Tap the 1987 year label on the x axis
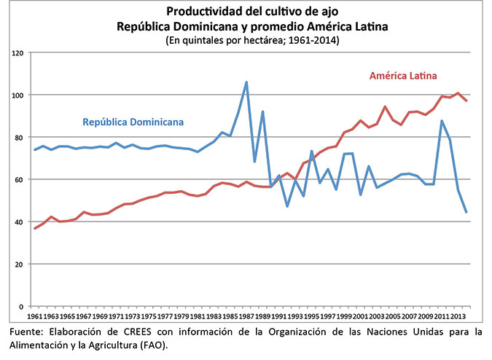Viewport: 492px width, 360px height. pos(246,318)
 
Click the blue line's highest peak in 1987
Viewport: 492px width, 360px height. pos(246,82)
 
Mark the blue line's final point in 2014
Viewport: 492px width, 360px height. pos(466,212)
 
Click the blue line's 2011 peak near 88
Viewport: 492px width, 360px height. pos(442,121)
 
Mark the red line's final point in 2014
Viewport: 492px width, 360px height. pos(466,101)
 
